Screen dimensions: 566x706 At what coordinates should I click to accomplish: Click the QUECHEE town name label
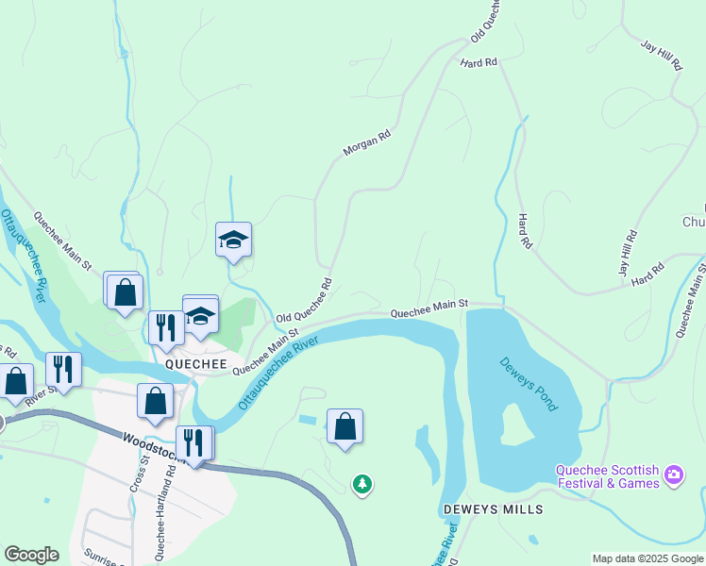pyautogui.click(x=195, y=364)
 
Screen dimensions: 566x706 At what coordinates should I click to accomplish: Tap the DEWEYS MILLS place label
pyautogui.click(x=494, y=509)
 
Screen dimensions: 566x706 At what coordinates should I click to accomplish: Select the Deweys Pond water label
pyautogui.click(x=529, y=383)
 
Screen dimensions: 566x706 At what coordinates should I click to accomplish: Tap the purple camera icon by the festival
pyautogui.click(x=674, y=473)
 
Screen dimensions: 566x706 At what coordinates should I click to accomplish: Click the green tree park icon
pyautogui.click(x=361, y=485)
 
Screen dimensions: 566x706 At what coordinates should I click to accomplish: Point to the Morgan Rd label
pyautogui.click(x=366, y=143)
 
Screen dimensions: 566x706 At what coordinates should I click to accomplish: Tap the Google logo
pyautogui.click(x=31, y=555)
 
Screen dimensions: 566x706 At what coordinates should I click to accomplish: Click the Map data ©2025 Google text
pyautogui.click(x=647, y=558)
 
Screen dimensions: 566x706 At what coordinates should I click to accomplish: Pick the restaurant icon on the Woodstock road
pyautogui.click(x=193, y=442)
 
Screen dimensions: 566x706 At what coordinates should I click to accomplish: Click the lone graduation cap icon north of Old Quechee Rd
pyautogui.click(x=233, y=241)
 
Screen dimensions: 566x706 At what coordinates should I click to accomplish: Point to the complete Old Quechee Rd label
pyautogui.click(x=304, y=300)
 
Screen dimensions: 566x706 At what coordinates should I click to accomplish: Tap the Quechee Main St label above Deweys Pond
pyautogui.click(x=429, y=308)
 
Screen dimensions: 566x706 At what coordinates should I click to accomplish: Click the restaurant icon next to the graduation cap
pyautogui.click(x=165, y=327)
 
